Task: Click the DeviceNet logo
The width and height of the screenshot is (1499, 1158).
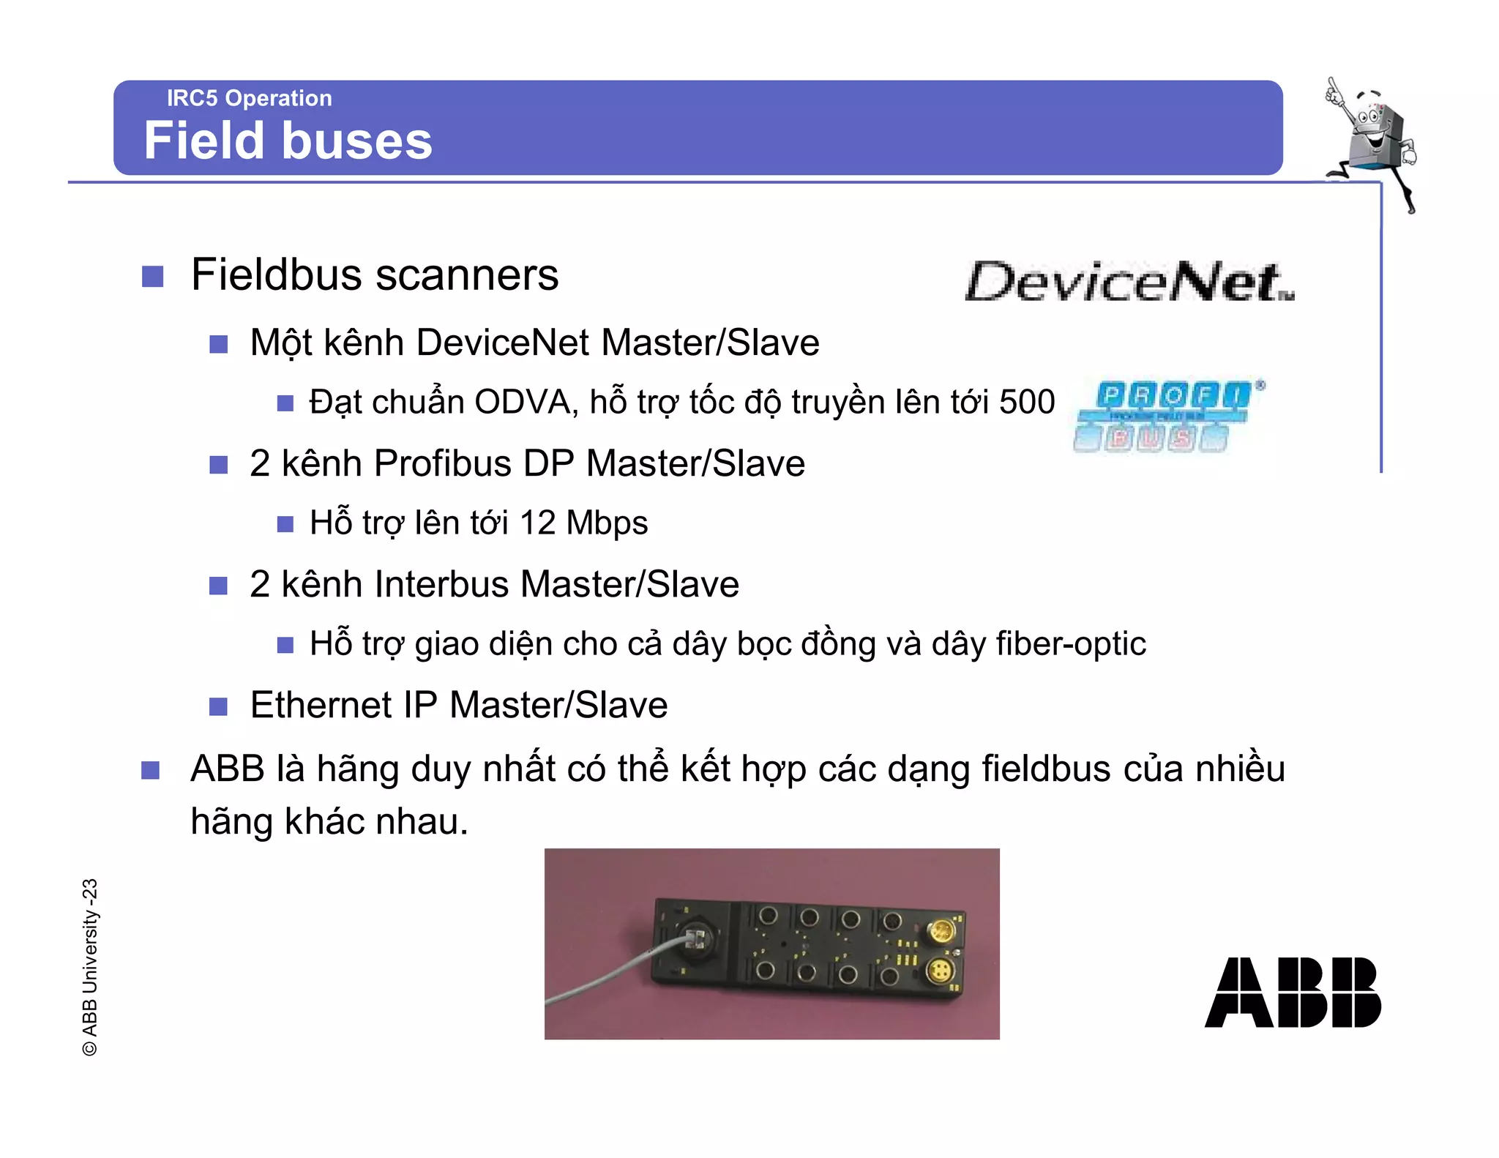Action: point(1129,283)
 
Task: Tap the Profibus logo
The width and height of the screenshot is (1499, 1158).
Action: point(1167,416)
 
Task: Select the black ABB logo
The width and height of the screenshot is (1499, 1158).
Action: point(1292,992)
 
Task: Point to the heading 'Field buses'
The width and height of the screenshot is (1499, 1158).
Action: point(288,141)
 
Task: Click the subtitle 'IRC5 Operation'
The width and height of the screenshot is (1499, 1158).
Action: point(249,98)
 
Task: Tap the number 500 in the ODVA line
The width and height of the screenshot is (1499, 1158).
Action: point(1027,402)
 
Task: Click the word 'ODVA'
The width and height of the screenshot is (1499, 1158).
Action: point(523,402)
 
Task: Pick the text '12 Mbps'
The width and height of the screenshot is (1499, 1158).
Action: point(583,523)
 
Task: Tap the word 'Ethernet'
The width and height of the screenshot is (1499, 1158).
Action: point(321,705)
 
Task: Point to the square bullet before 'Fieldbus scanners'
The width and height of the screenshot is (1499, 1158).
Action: point(152,277)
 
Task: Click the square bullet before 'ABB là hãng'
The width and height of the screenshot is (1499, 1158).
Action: point(151,770)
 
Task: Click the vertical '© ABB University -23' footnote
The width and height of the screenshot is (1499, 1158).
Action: point(89,966)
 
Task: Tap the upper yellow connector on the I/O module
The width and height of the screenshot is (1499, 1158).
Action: point(941,932)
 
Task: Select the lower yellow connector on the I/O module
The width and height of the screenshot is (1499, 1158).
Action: point(939,973)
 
